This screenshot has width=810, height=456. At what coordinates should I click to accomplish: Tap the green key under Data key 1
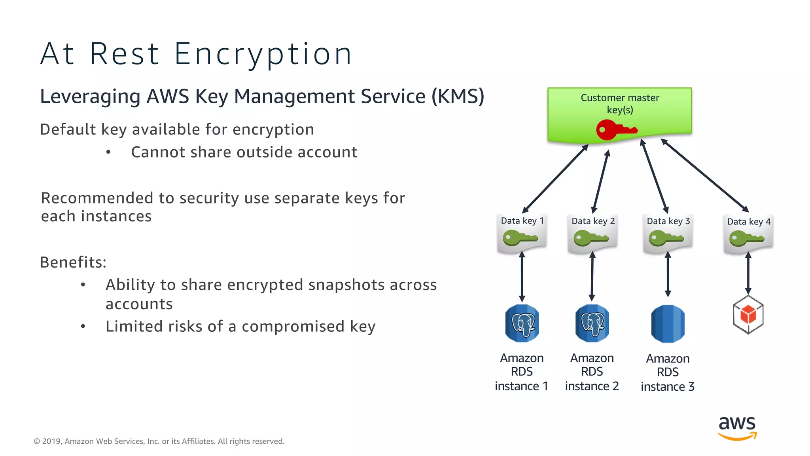[x=520, y=238]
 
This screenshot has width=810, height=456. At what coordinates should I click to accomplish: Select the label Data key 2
[x=593, y=221]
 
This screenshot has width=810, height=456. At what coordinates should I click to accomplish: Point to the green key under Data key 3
[x=666, y=238]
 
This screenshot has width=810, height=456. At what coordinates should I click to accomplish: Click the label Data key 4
[x=749, y=222]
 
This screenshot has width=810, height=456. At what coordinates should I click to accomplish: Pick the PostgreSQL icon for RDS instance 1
[x=522, y=323]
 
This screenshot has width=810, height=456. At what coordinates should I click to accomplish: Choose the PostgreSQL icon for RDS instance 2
[x=592, y=323]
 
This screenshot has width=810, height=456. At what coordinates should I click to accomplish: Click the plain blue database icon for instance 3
[x=668, y=323]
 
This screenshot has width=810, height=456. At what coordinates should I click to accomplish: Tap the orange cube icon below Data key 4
[x=748, y=315]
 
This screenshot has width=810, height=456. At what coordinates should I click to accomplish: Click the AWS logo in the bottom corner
[x=737, y=427]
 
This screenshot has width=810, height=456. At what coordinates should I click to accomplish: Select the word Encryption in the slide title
[x=263, y=54]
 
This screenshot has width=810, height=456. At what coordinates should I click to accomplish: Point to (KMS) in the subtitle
[x=458, y=96]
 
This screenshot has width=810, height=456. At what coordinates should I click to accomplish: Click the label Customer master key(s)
[x=620, y=103]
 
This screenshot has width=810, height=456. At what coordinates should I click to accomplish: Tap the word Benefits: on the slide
[x=73, y=262]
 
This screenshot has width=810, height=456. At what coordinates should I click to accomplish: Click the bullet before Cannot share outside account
[x=108, y=152]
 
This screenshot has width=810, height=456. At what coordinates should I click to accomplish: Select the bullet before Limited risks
[x=83, y=327]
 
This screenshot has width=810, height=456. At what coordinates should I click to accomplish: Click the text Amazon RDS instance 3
[x=668, y=372]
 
